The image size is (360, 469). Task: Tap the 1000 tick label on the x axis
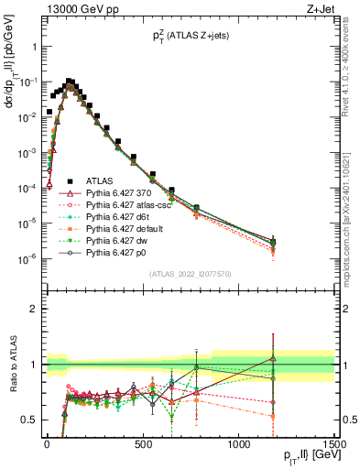click(239, 443)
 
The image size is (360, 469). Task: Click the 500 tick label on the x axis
click(143, 443)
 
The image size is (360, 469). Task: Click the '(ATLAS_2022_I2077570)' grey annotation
click(189, 273)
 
